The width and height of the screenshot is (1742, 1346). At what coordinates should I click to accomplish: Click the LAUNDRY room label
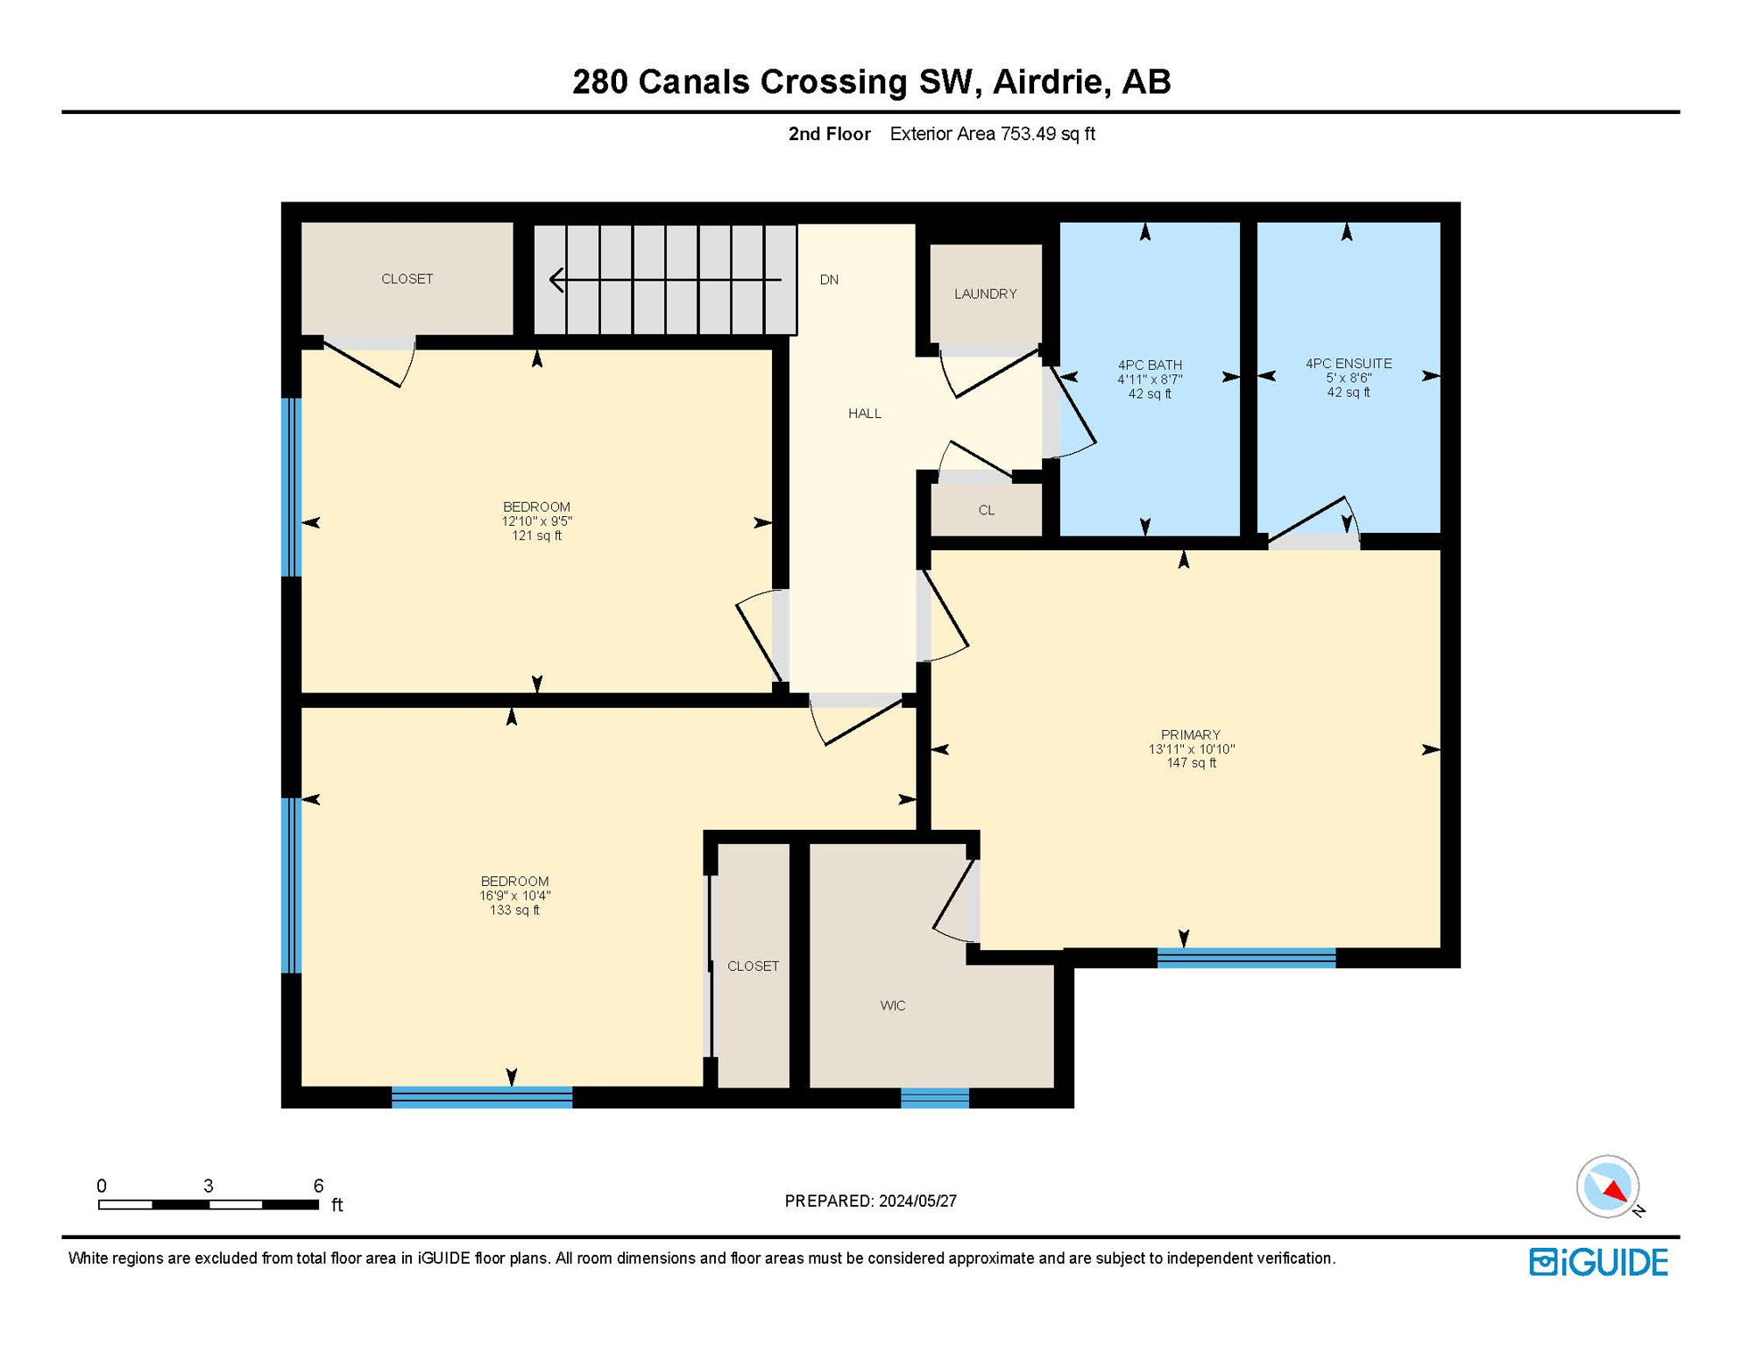point(985,294)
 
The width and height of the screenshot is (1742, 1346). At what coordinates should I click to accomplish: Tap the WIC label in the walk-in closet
point(892,1005)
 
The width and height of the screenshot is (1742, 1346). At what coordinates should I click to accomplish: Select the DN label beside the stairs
point(829,280)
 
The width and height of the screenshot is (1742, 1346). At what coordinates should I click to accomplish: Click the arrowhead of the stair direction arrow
point(556,280)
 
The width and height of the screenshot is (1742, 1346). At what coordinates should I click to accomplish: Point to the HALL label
point(864,414)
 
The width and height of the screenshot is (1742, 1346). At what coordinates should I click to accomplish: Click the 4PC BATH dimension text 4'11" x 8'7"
point(1149,379)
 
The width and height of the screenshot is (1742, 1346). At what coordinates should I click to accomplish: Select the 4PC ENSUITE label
point(1348,364)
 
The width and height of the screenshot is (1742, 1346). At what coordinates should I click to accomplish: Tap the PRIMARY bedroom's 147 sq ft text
point(1190,763)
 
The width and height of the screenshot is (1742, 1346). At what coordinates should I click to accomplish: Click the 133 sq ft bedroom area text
point(514,910)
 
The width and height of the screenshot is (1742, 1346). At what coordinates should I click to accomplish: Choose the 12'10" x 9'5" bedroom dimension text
point(536,521)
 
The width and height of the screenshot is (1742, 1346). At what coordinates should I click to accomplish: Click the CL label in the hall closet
point(986,510)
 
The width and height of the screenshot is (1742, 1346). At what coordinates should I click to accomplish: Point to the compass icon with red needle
point(1607,1187)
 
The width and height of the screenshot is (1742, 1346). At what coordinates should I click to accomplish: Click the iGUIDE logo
point(1598,1262)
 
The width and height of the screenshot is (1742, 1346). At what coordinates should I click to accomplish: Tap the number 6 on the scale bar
point(318,1186)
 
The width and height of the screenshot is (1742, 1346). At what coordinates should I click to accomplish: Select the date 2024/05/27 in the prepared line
point(917,1201)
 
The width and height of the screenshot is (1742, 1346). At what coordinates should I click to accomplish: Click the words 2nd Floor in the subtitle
point(829,134)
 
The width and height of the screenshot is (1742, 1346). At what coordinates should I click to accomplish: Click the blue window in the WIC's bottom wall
point(934,1098)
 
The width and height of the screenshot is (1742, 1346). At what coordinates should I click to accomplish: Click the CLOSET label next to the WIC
point(753,966)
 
